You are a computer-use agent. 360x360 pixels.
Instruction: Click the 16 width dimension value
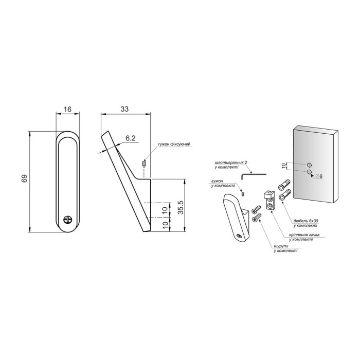67,109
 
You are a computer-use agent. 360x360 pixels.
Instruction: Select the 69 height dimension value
25,178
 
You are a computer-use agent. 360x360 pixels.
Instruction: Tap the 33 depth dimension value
124,109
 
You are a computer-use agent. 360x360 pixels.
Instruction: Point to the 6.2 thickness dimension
131,138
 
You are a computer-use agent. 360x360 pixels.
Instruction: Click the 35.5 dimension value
181,207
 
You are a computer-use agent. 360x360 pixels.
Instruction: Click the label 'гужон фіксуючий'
174,144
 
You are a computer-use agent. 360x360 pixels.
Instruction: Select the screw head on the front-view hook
68,219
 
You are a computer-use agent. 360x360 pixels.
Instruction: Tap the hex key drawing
254,176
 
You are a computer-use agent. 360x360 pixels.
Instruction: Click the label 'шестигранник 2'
231,163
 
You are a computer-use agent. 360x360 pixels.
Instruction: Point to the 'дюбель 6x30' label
306,221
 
